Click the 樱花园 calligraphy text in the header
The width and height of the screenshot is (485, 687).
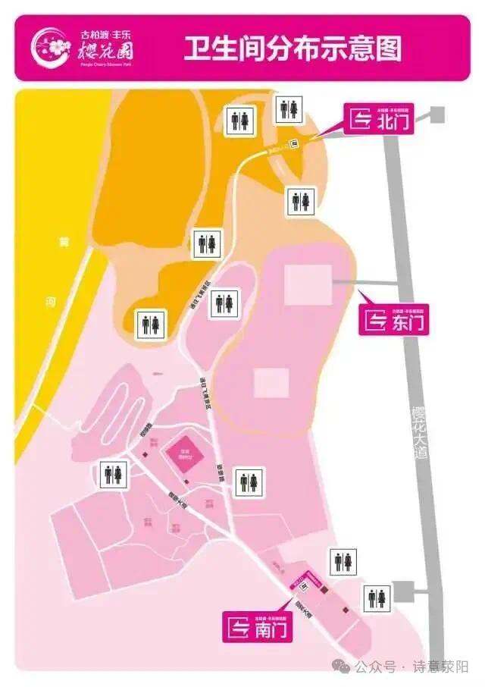108,53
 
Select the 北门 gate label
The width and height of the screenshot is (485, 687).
380,119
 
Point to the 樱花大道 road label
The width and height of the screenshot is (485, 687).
420,433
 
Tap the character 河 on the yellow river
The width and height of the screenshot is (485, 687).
51,302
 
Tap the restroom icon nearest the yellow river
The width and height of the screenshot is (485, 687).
150,324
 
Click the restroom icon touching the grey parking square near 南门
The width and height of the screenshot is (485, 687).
377,597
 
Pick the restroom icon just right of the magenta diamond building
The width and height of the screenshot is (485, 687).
249,481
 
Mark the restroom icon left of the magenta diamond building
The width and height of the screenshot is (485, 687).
114,475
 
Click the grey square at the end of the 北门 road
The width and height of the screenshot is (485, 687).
436,114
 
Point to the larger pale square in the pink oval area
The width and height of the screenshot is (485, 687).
308,285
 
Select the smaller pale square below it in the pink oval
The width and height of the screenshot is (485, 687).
271,382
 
